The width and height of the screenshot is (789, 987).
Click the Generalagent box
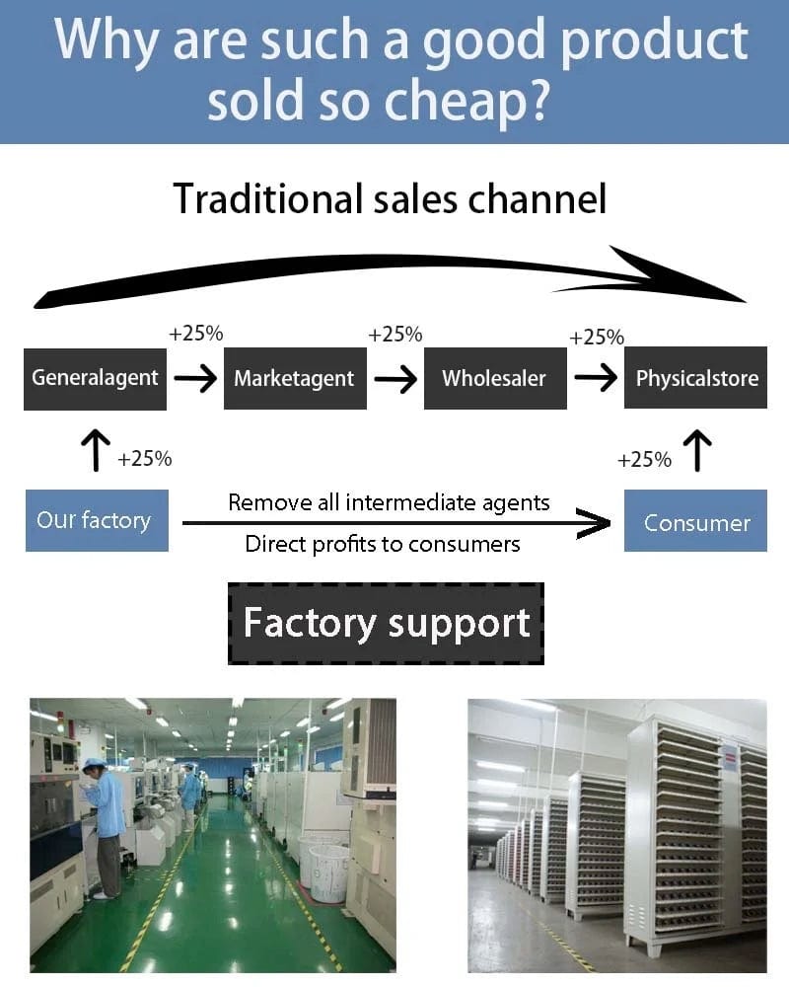96,378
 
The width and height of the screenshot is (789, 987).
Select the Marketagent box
295,378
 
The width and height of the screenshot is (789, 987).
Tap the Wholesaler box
495,378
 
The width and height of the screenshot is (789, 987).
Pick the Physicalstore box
696,378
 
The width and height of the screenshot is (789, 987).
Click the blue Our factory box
96,520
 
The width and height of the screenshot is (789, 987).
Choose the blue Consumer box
695,522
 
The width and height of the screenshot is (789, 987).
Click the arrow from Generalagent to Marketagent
195,378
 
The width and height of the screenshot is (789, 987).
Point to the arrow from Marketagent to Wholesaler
395,378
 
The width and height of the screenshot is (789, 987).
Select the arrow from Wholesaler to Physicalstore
596,378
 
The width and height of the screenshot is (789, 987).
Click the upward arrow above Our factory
96,450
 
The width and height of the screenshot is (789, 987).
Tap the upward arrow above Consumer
696,450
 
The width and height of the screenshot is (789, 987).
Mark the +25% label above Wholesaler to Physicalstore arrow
597,338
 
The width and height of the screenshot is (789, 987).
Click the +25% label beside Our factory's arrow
145,459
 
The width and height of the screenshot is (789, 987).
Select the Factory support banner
386,624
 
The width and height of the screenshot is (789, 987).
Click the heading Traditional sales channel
390,198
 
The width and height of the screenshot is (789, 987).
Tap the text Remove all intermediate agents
389,502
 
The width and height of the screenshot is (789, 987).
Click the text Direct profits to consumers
383,544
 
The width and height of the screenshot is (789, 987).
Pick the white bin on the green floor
328,869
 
